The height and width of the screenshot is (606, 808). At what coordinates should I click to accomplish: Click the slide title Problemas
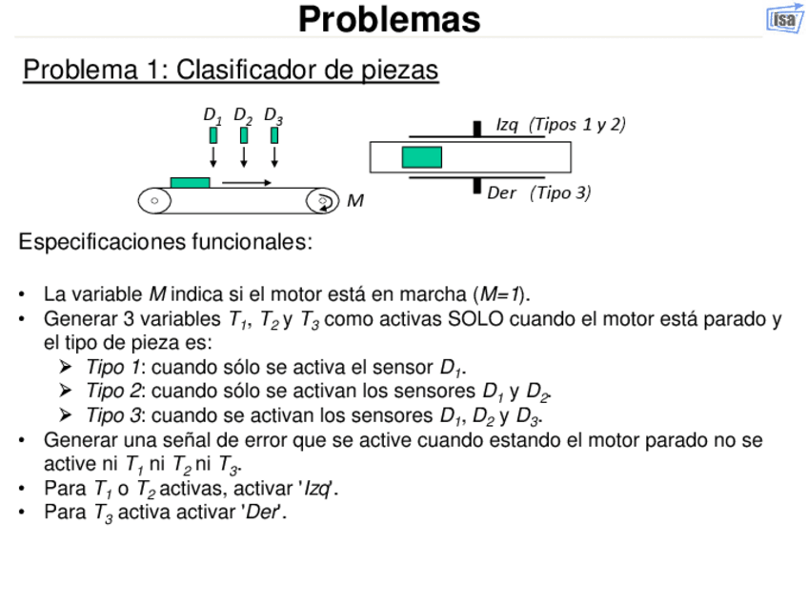[389, 19]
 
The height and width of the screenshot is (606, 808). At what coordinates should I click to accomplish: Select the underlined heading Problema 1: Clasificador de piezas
[231, 71]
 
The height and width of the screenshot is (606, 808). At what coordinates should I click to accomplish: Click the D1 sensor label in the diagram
[212, 115]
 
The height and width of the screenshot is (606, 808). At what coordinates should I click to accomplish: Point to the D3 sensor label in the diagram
[273, 115]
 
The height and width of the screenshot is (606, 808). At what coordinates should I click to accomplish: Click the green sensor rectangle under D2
[244, 135]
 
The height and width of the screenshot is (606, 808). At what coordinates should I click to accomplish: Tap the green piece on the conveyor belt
[190, 182]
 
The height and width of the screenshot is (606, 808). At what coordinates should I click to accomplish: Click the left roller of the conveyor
[154, 200]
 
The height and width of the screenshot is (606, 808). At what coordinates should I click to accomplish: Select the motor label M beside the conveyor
[354, 201]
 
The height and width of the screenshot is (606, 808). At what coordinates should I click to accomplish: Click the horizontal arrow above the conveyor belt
[248, 181]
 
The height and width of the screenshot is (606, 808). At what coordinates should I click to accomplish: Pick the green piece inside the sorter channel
[421, 156]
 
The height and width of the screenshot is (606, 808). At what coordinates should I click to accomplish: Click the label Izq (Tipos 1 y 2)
[560, 125]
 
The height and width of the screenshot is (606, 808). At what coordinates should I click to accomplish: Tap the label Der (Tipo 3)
[538, 192]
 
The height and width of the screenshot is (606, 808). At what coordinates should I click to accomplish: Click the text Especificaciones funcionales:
[165, 242]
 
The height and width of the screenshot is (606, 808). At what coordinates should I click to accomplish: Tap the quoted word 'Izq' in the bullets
[318, 489]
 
